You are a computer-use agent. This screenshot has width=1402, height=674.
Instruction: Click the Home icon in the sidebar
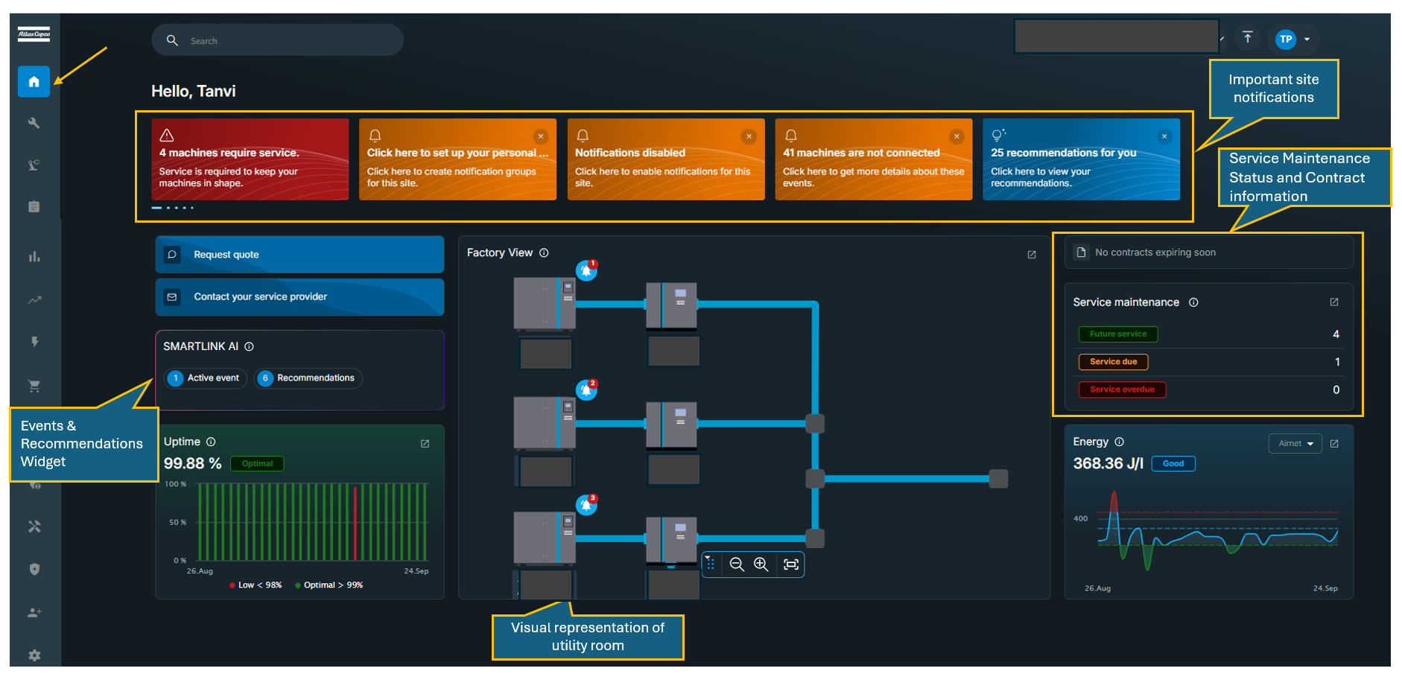34,82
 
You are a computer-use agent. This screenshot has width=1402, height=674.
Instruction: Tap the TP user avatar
1285,39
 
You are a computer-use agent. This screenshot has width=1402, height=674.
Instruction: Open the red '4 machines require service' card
250,159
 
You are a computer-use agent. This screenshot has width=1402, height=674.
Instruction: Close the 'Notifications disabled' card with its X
749,136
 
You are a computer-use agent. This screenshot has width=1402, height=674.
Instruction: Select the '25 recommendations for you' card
1080,159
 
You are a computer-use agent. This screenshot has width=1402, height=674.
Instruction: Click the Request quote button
299,255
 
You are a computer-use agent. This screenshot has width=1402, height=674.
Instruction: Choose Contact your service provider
299,297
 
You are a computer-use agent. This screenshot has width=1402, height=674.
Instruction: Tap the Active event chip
206,378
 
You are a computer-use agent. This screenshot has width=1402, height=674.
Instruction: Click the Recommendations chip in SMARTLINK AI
308,378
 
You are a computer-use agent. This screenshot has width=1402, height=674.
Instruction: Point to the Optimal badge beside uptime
257,464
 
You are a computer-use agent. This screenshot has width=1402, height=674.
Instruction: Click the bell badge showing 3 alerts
587,505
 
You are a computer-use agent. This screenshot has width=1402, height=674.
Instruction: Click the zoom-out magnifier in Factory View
737,565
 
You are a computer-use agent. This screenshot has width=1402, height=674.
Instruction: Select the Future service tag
1117,334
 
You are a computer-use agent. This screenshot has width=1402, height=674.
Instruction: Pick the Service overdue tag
1122,390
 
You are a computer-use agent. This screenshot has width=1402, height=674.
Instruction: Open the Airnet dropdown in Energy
1295,444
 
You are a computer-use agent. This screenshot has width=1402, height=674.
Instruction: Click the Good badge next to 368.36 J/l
1173,464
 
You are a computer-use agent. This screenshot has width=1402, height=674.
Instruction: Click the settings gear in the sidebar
34,655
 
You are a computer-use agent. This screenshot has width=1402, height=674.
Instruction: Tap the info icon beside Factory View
544,253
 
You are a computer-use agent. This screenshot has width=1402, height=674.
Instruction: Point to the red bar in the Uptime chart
355,523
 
